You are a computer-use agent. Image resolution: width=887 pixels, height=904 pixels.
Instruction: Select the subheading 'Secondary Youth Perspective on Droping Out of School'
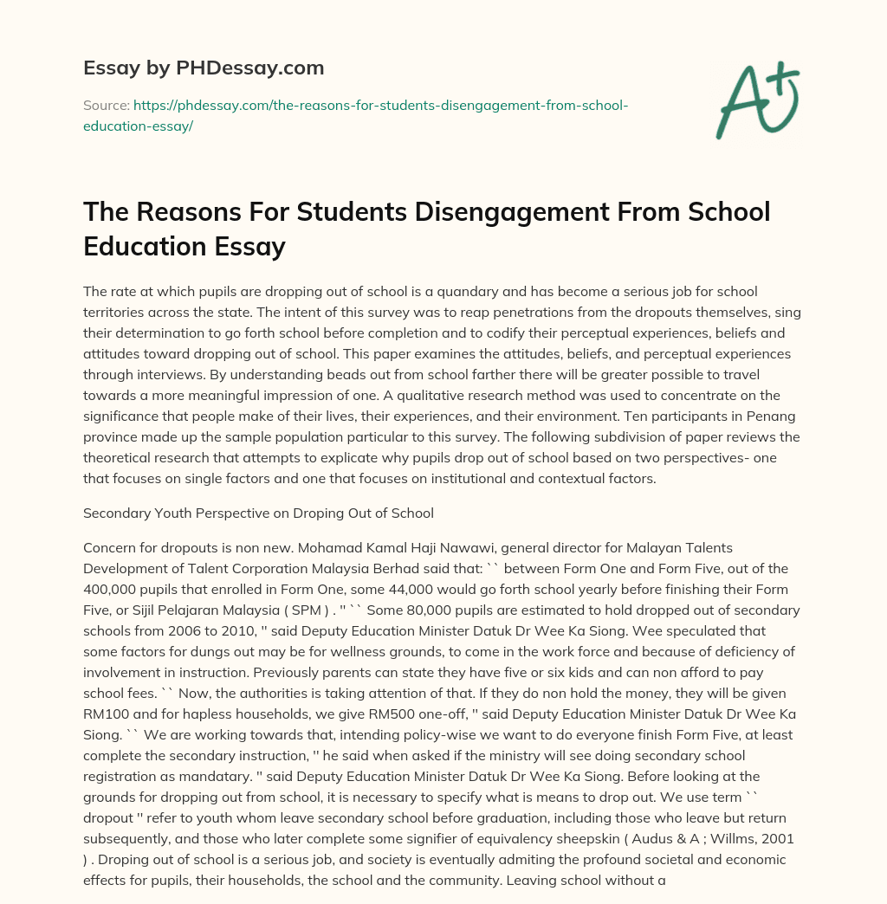pos(258,513)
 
